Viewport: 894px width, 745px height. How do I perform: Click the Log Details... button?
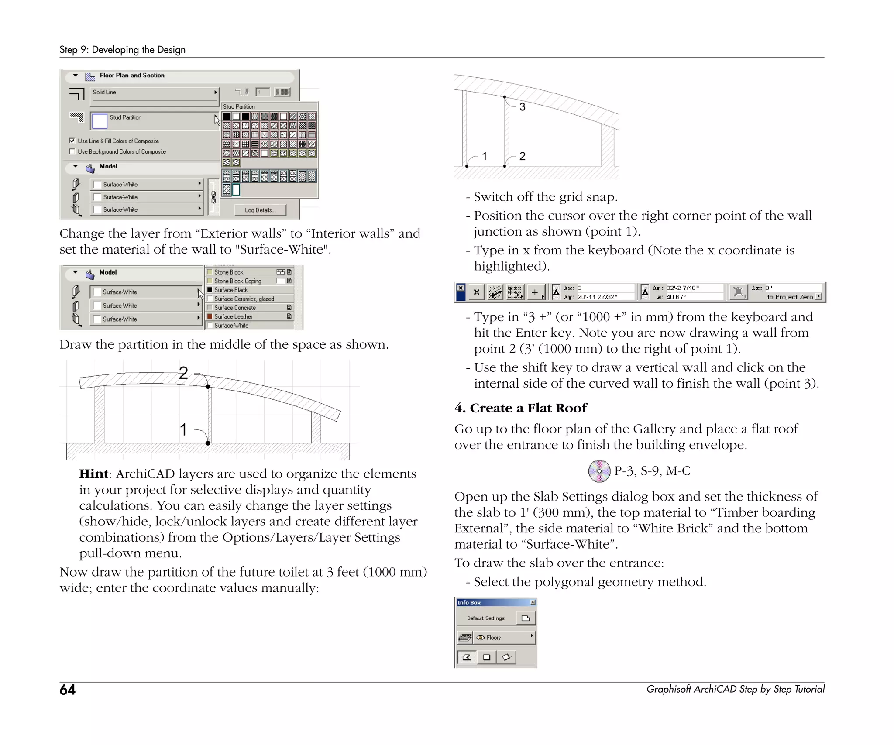click(260, 210)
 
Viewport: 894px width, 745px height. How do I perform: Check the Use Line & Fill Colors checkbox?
click(72, 141)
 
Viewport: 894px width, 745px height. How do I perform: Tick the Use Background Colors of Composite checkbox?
click(72, 151)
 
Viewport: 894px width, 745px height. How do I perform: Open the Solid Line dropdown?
click(155, 93)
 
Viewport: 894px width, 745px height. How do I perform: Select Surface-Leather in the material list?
click(233, 316)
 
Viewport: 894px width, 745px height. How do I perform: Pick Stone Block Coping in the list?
click(237, 281)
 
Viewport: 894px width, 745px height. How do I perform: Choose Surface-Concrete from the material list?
click(235, 308)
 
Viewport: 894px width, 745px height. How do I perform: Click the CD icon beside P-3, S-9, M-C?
click(599, 471)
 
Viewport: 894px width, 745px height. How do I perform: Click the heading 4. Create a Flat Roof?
click(520, 408)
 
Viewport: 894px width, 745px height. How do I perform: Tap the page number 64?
click(68, 690)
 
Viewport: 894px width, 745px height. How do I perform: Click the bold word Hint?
click(93, 474)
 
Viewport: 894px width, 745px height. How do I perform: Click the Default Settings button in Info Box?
click(486, 618)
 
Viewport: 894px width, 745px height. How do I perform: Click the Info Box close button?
click(533, 602)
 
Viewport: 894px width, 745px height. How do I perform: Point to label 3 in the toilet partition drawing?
click(523, 107)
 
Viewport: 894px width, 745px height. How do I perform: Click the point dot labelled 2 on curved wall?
click(208, 387)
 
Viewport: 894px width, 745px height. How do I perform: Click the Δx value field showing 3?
click(605, 288)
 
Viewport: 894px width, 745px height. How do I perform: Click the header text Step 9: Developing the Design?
click(122, 50)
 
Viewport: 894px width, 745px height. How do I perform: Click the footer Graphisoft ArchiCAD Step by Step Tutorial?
click(735, 689)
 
